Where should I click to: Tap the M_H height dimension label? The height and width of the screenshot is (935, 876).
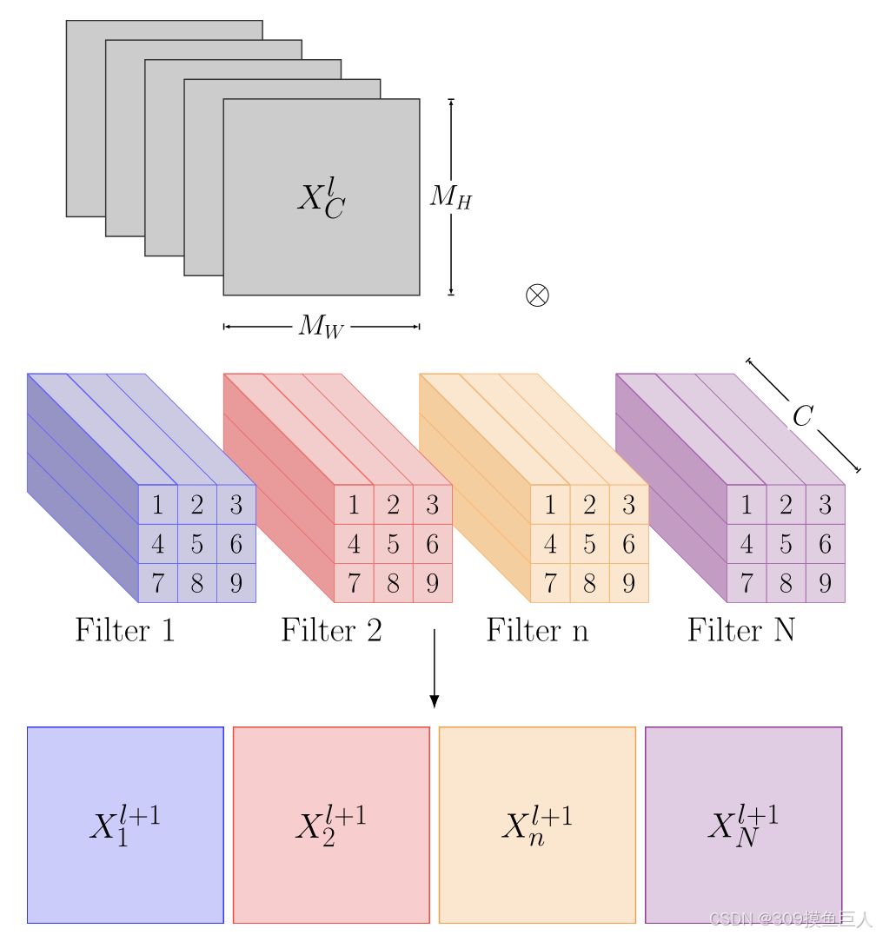click(x=451, y=198)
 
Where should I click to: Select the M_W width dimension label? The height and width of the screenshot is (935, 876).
click(x=321, y=327)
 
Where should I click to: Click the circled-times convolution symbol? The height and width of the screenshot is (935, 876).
click(x=538, y=295)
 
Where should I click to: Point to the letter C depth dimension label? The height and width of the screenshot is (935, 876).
click(x=801, y=416)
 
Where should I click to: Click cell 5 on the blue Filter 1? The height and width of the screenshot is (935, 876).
click(x=197, y=545)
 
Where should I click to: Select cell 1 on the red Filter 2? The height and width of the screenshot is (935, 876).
click(x=354, y=505)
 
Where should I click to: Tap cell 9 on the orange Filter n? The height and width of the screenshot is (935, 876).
click(x=628, y=583)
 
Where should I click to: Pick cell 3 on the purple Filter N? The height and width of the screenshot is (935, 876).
click(x=825, y=505)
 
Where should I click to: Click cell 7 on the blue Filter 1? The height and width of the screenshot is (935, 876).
click(x=157, y=583)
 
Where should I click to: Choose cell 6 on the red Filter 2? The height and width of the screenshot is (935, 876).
click(x=432, y=545)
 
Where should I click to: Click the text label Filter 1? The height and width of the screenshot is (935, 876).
click(x=125, y=630)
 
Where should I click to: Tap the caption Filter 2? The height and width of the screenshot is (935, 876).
click(x=331, y=630)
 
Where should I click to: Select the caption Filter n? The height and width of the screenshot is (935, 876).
click(x=537, y=630)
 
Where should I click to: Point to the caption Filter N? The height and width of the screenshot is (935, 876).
click(x=741, y=630)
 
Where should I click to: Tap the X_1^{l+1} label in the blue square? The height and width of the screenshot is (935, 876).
click(x=125, y=825)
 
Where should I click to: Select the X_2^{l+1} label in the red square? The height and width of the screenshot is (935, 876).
click(x=330, y=825)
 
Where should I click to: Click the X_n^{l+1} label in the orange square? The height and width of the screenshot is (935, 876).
click(x=537, y=825)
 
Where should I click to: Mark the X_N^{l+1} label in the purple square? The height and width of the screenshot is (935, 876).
click(x=743, y=825)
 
